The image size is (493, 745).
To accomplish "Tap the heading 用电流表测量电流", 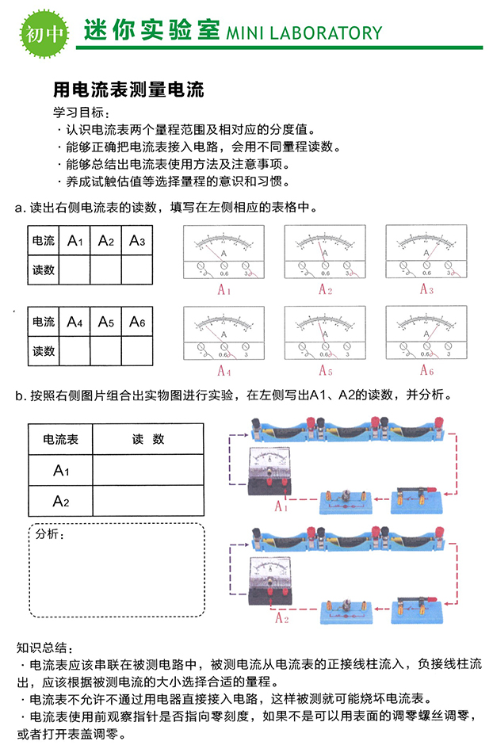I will (128, 90).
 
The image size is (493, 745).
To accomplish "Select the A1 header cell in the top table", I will (75, 240).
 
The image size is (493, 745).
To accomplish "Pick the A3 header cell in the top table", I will (137, 240).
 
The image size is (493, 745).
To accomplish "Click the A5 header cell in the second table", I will (106, 322).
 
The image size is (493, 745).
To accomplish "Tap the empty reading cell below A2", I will (106, 269).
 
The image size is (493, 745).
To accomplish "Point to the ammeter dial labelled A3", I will (426, 251).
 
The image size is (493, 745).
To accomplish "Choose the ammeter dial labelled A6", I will (426, 333).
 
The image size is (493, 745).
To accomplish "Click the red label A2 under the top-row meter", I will (325, 290).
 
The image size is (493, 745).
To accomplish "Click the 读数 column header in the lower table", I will (147, 438).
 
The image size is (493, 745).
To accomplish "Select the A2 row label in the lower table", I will (61, 501).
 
